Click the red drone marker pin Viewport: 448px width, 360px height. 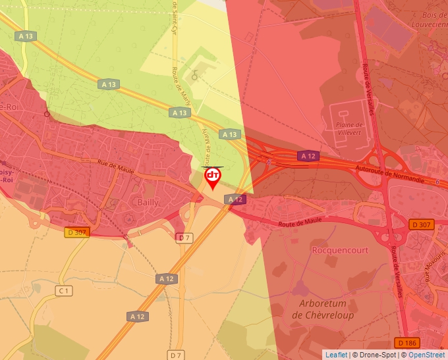[213, 177]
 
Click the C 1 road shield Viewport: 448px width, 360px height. [63, 290]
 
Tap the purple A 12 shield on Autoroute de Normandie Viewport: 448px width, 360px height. [308, 156]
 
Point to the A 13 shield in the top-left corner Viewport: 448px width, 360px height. [25, 36]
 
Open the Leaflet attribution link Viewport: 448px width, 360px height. [336, 355]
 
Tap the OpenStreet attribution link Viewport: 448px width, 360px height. [426, 355]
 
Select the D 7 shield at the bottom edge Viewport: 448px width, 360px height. [175, 355]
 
